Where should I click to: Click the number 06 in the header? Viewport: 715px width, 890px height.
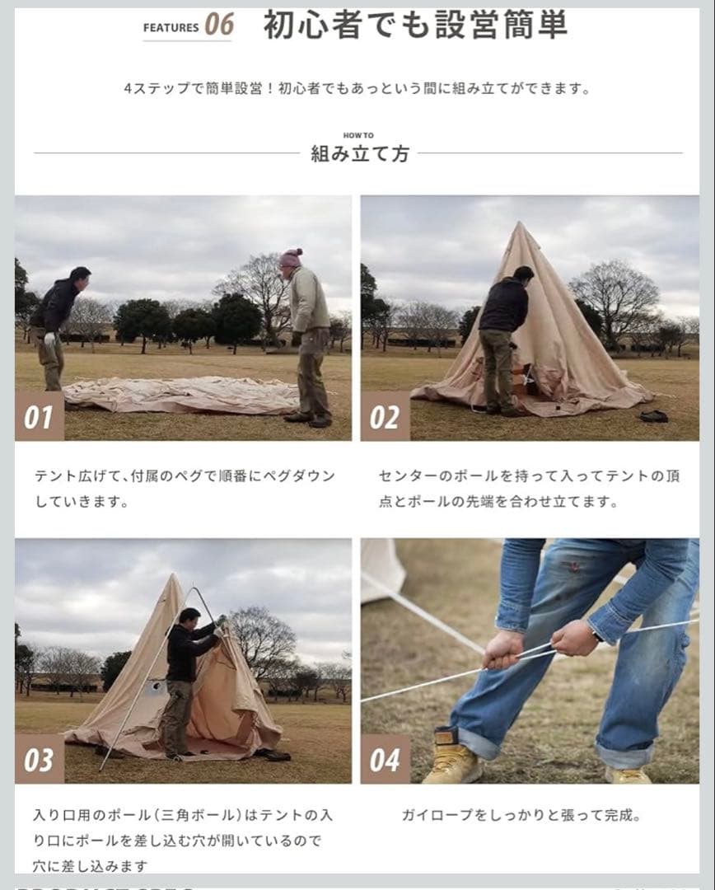(x=219, y=25)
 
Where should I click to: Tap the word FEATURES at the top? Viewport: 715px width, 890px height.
(x=171, y=27)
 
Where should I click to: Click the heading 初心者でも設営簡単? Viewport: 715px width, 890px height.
(x=415, y=26)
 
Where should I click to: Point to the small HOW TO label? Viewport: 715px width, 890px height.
(x=358, y=136)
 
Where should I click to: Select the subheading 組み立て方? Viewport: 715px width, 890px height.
(x=359, y=154)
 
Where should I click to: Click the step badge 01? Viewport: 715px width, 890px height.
(x=39, y=417)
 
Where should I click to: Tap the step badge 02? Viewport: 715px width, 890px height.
(x=385, y=417)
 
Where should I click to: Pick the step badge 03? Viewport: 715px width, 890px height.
(x=39, y=760)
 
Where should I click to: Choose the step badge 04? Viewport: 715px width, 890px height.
(x=385, y=760)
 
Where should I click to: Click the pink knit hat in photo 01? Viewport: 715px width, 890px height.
(x=290, y=258)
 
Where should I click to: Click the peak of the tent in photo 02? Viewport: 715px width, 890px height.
(x=516, y=226)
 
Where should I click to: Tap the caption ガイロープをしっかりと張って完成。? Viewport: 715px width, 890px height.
(x=521, y=816)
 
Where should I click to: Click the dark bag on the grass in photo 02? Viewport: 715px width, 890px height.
(x=653, y=415)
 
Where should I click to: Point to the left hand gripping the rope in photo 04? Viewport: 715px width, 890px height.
(x=502, y=649)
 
